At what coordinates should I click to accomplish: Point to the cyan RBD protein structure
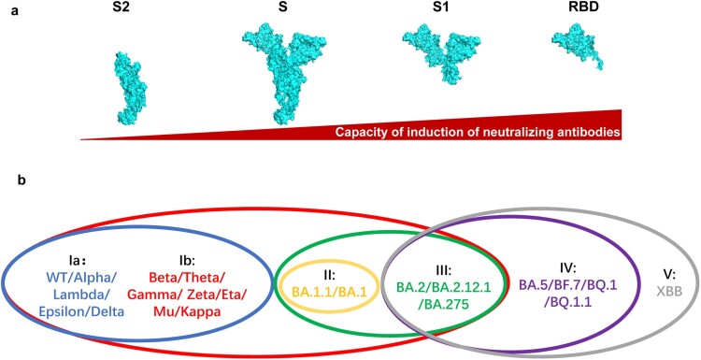(x=578, y=45)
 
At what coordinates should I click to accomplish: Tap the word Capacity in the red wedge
(x=356, y=133)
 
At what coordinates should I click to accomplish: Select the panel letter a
(x=15, y=10)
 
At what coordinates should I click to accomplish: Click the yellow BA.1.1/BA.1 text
(x=330, y=292)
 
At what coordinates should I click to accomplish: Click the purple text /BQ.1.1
(x=567, y=302)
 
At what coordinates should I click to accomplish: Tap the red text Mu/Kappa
(x=186, y=312)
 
